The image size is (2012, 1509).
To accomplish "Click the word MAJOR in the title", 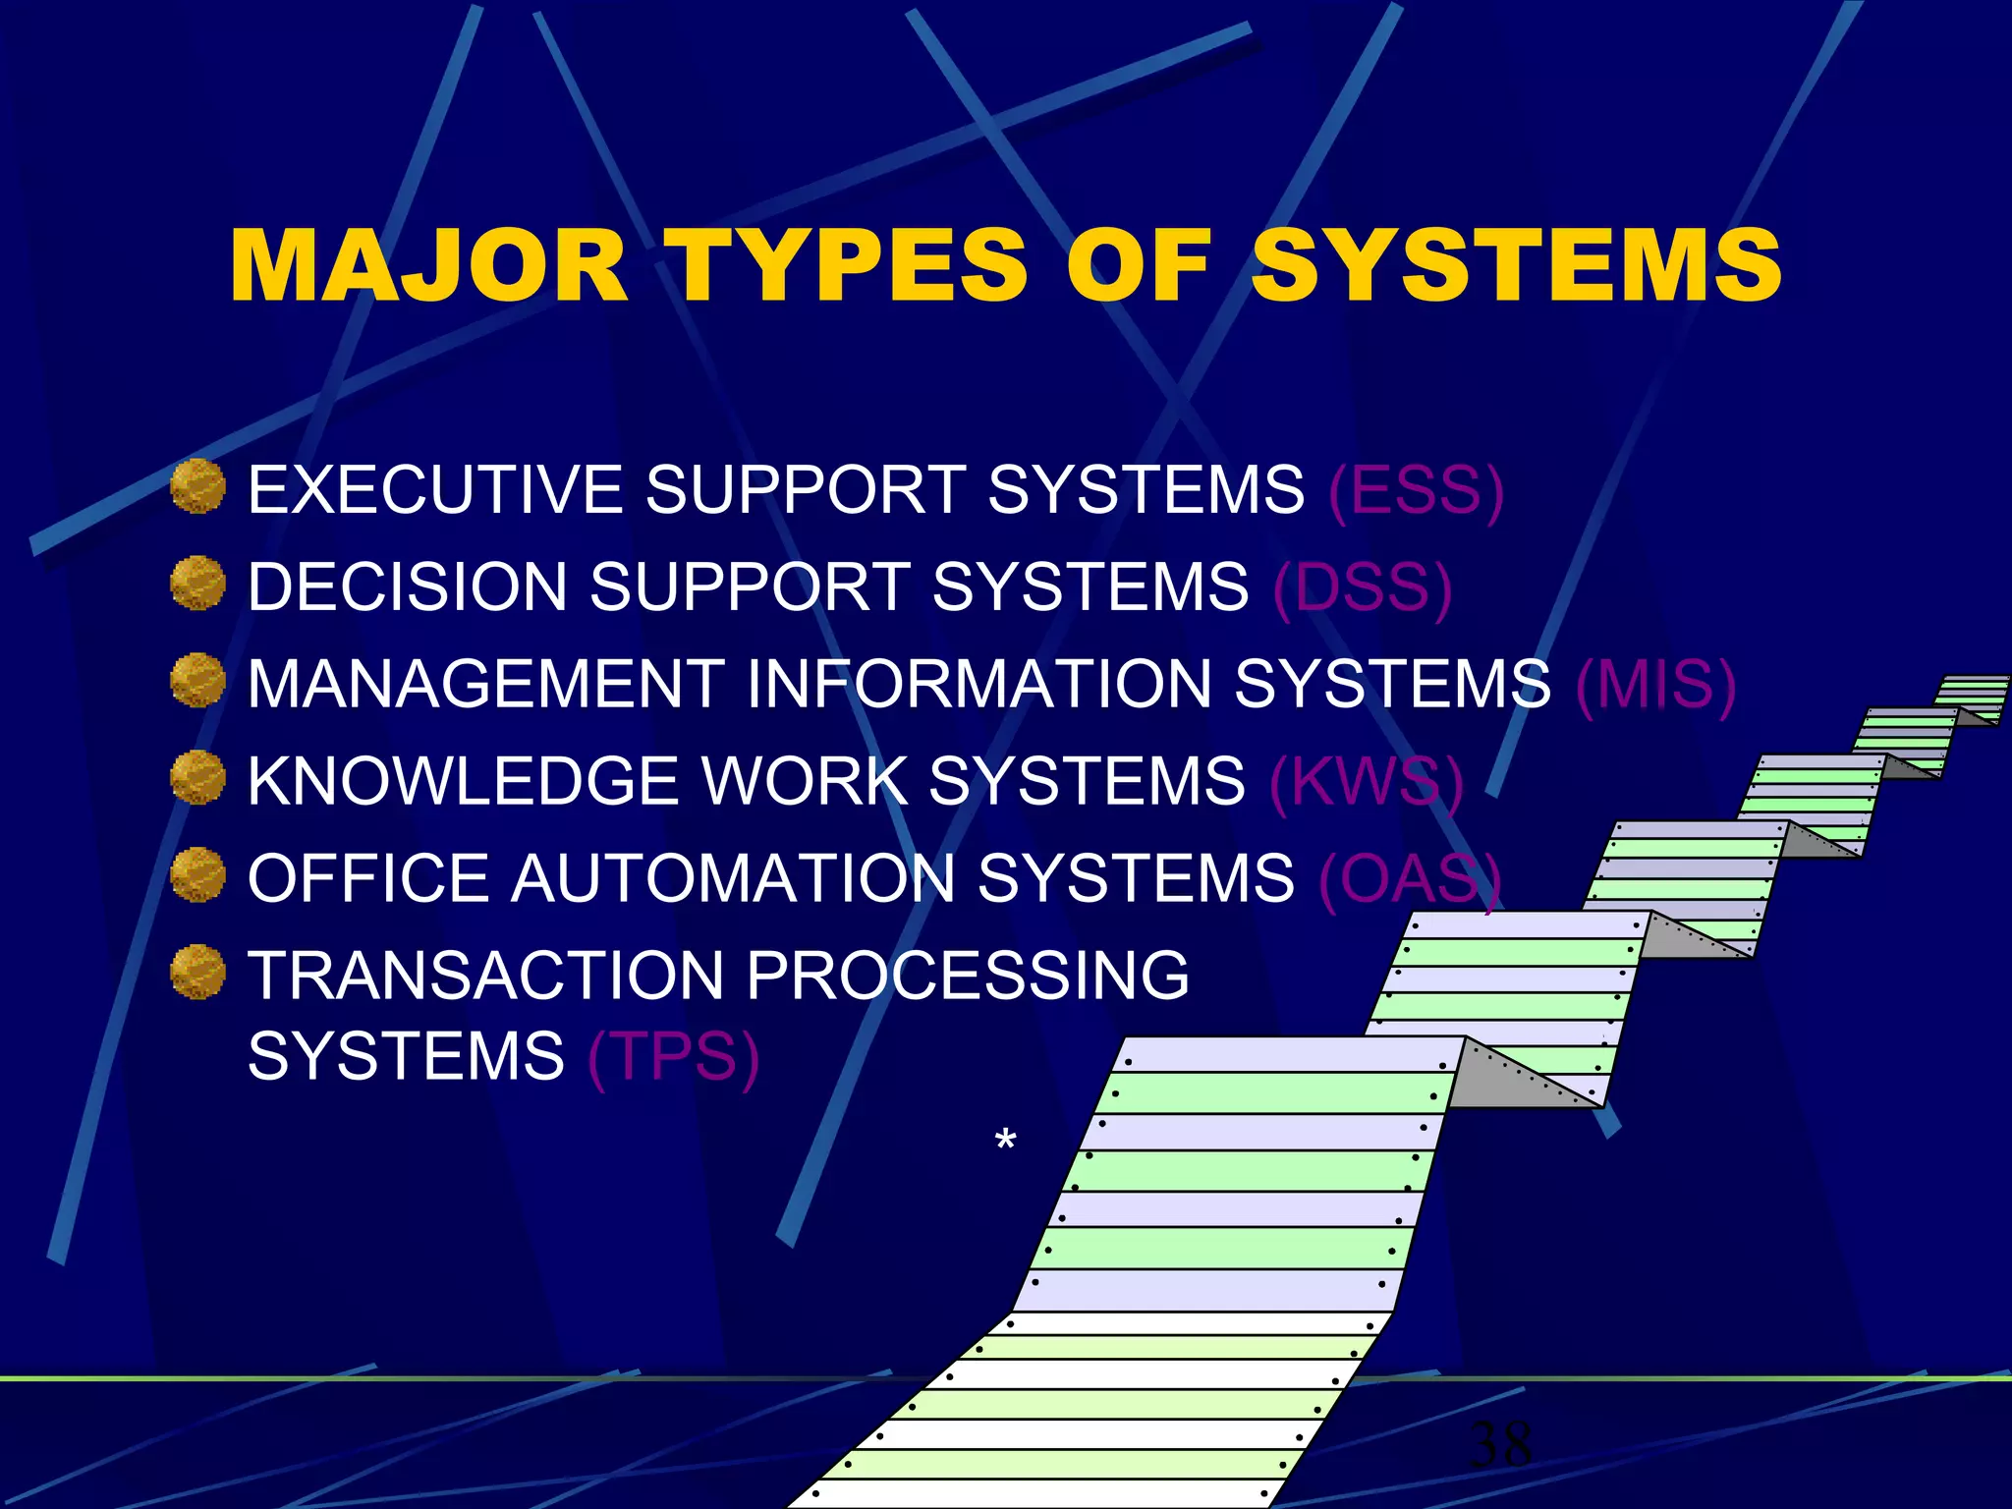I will click(x=428, y=265).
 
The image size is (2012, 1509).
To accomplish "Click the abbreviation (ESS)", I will click(x=1416, y=489).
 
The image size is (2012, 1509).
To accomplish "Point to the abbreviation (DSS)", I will click(x=1362, y=587).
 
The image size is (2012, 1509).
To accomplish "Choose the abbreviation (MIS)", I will click(x=1655, y=684).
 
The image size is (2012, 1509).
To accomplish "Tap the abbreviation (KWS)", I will click(x=1367, y=781).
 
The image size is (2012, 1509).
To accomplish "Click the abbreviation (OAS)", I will click(x=1410, y=878).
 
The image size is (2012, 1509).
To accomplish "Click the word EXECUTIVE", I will click(x=435, y=489).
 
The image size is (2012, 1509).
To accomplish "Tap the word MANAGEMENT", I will click(x=485, y=684).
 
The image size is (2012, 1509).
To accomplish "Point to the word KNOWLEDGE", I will click(x=463, y=781).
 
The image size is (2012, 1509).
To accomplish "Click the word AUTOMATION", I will click(x=732, y=878).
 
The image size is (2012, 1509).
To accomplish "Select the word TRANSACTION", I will click(x=485, y=975).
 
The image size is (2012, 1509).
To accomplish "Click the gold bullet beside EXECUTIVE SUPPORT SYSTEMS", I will click(x=197, y=486).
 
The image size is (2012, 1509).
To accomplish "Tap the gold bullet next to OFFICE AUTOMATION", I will click(x=197, y=874).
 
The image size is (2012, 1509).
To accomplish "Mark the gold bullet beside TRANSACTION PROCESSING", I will click(x=197, y=972).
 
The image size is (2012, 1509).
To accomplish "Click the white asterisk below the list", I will click(x=1005, y=1140).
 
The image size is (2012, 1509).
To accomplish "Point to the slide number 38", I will click(x=1500, y=1444).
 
